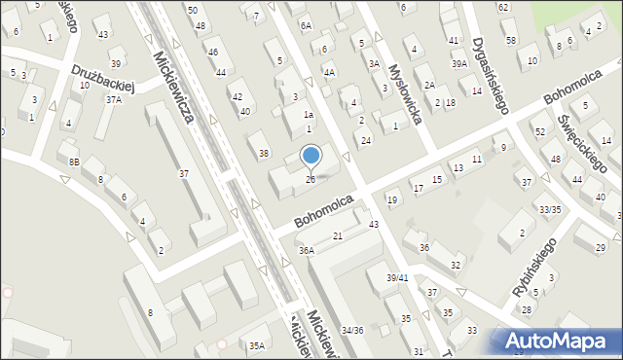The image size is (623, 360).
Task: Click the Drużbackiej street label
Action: [107, 77]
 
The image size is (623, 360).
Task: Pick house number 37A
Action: [115, 99]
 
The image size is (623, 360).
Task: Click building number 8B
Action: [74, 162]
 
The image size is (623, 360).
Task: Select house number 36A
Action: [307, 250]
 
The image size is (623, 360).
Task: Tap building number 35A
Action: [257, 345]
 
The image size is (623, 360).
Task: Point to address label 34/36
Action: [351, 331]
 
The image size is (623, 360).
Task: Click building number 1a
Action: [308, 115]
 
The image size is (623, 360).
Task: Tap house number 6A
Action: [306, 25]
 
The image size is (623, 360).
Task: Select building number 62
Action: [502, 7]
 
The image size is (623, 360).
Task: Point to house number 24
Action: [365, 141]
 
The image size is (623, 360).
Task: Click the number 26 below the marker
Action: [311, 179]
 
